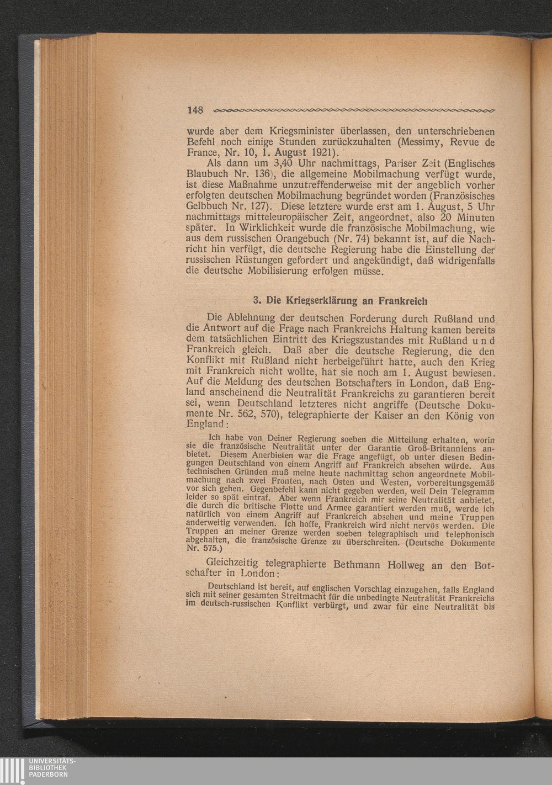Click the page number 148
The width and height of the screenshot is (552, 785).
[196, 109]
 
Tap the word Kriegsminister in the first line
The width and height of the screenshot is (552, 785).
[294, 132]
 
